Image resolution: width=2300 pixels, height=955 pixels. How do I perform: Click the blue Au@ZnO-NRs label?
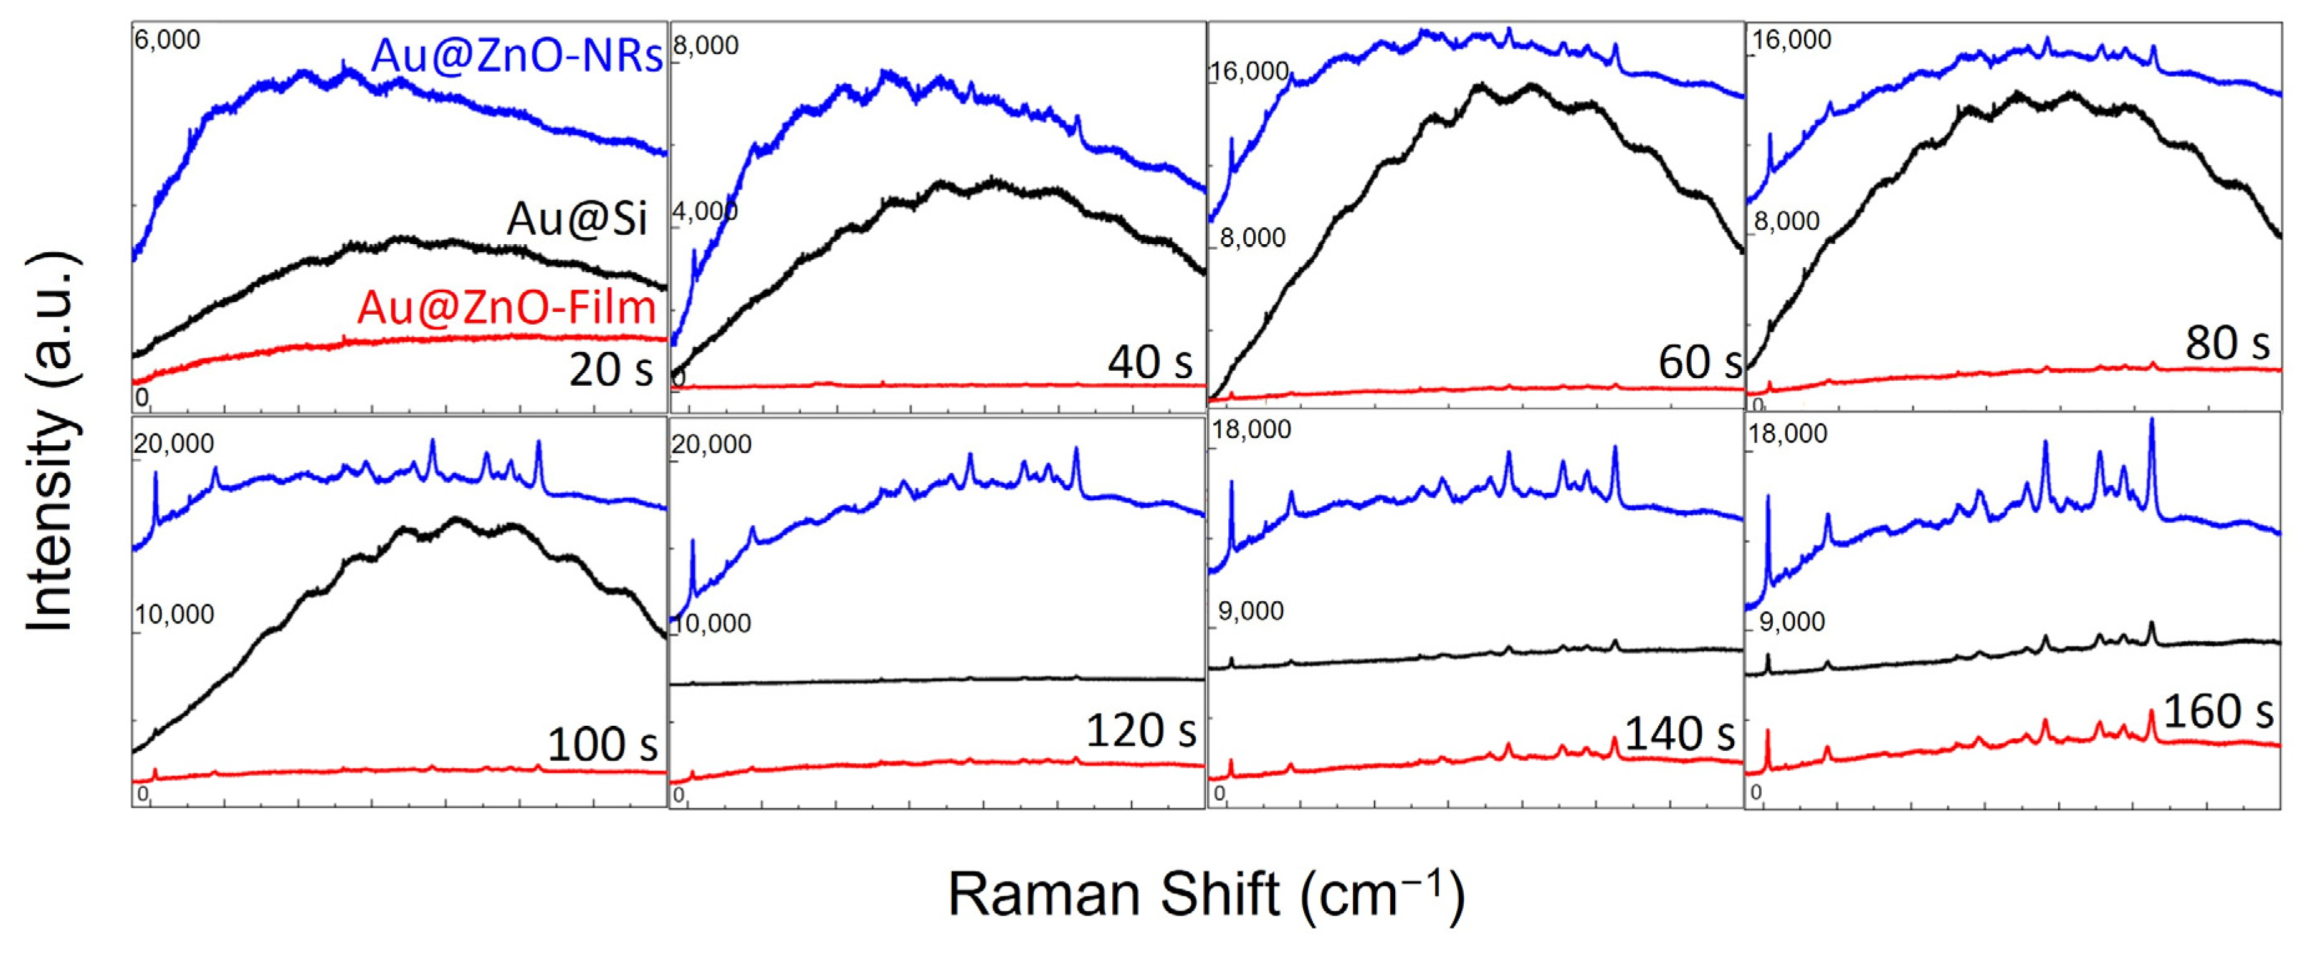coord(516,55)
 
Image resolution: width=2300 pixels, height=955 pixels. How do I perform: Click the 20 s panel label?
coord(611,369)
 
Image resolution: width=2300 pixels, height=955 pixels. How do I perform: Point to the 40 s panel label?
coord(1150,361)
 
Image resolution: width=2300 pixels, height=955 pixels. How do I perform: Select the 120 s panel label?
coord(1140,731)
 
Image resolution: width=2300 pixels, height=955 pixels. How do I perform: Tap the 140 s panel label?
coord(1679,734)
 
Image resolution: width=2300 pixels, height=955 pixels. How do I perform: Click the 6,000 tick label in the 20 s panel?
coord(167,40)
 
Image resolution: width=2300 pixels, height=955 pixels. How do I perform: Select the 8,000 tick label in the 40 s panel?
coord(705,45)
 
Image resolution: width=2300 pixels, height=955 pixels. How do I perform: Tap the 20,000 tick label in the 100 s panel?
coord(174,443)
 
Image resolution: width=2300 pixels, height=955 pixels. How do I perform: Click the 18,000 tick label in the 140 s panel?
coord(1251,430)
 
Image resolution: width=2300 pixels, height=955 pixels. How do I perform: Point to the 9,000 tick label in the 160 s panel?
coord(1791,622)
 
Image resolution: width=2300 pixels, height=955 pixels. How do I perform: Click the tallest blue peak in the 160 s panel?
coord(2152,421)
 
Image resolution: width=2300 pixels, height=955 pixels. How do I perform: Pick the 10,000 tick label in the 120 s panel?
coord(712,623)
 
